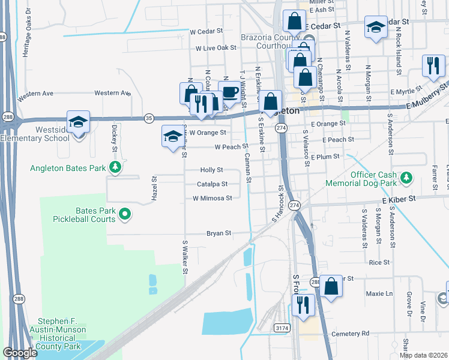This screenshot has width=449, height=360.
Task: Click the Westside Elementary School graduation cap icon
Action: [78, 122]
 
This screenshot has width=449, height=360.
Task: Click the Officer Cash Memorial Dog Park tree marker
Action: [407, 177]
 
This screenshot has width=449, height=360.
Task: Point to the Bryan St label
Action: [218, 233]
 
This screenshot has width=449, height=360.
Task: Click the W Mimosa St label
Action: [212, 198]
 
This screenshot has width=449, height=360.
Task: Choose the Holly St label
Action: [212, 170]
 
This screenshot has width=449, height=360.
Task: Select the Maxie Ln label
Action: [379, 294]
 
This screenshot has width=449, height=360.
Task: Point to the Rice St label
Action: [379, 263]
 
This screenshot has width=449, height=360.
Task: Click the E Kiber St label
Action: [399, 197]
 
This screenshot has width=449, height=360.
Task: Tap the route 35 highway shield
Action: [149, 119]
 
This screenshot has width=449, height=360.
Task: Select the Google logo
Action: [20, 353]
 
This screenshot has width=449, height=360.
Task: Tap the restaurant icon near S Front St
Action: [303, 305]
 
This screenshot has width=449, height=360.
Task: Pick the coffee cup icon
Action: [229, 92]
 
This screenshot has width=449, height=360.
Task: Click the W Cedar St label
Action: [206, 31]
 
